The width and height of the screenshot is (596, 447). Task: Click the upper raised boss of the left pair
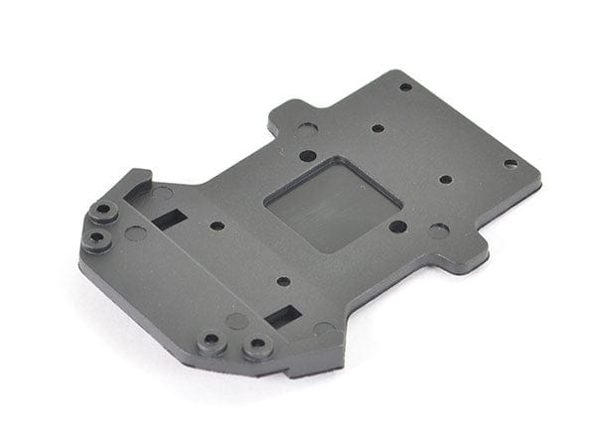pyautogui.click(x=102, y=212)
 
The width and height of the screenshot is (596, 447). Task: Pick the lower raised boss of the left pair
pyautogui.click(x=95, y=239)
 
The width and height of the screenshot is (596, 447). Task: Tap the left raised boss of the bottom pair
pyautogui.click(x=212, y=343)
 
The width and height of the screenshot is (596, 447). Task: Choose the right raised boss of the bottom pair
pyautogui.click(x=258, y=348)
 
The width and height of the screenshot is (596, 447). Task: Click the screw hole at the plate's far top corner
pyautogui.click(x=405, y=87)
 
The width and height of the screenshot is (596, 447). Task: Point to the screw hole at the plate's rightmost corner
pyautogui.click(x=510, y=164)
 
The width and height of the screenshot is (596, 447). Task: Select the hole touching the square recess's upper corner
pyautogui.click(x=308, y=156)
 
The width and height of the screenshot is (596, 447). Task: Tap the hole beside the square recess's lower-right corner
pyautogui.click(x=397, y=226)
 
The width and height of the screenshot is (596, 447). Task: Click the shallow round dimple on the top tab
pyautogui.click(x=306, y=129)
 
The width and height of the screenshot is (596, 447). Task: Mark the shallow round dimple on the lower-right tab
pyautogui.click(x=438, y=231)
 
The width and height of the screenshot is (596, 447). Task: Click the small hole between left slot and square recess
pyautogui.click(x=217, y=225)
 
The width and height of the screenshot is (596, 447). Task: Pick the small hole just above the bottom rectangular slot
pyautogui.click(x=283, y=281)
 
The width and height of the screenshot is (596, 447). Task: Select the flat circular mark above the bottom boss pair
pyautogui.click(x=236, y=321)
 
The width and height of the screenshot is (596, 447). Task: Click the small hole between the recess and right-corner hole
pyautogui.click(x=445, y=180)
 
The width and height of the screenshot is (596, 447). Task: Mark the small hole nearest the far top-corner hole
pyautogui.click(x=377, y=128)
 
